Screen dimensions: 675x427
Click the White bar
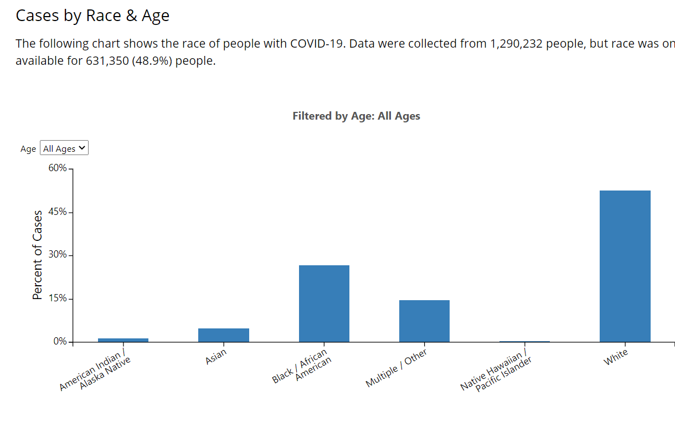(x=625, y=266)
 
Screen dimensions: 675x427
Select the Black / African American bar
(x=324, y=303)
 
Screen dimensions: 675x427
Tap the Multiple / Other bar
(x=424, y=321)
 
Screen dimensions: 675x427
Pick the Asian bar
(x=224, y=335)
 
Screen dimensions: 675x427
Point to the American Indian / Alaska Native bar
(x=123, y=340)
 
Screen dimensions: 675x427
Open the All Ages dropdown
(x=64, y=148)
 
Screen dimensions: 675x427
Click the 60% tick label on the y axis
(x=57, y=168)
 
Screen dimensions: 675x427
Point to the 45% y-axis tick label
(x=57, y=212)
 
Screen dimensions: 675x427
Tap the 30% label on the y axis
(x=57, y=254)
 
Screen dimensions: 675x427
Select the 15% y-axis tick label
(x=57, y=298)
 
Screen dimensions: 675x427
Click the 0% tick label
(x=60, y=341)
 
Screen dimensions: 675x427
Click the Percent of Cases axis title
(x=37, y=255)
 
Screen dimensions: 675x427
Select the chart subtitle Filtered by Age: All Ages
(x=356, y=116)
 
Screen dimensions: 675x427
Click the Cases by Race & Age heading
(x=92, y=16)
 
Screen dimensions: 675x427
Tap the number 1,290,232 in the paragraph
(x=516, y=44)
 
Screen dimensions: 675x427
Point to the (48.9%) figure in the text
(x=152, y=61)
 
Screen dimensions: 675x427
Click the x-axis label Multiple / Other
(x=396, y=368)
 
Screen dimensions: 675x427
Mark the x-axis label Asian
(x=216, y=357)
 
